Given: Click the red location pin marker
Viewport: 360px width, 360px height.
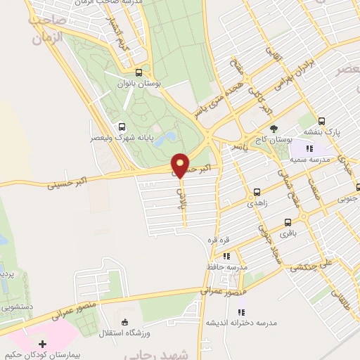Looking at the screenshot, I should (181, 165).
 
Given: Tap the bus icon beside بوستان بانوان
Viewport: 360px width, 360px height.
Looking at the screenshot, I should (138, 72).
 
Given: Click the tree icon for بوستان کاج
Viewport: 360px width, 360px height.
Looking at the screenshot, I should (274, 129).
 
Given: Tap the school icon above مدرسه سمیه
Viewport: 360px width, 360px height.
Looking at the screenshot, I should (309, 148).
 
